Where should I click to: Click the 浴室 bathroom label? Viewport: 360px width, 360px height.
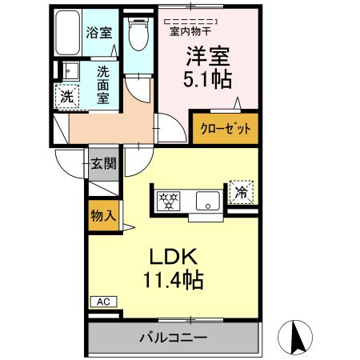[98, 33]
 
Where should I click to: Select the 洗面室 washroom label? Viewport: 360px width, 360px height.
[104, 85]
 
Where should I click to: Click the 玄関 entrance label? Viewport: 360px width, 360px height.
[103, 163]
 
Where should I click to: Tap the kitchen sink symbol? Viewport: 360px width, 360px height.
[207, 201]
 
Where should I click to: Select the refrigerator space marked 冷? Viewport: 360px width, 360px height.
[241, 191]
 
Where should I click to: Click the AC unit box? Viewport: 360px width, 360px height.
[102, 302]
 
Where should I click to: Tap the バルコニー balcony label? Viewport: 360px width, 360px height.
[174, 338]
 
